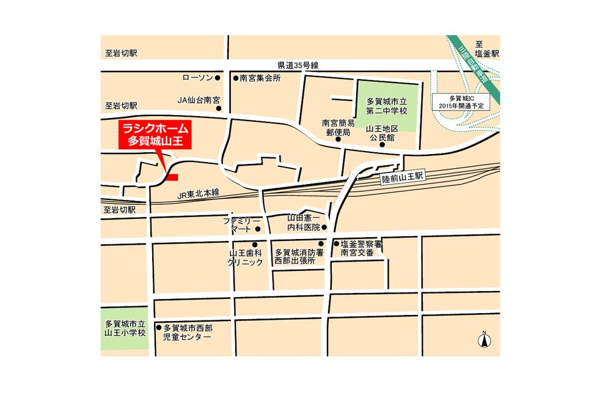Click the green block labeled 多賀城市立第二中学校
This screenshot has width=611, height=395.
[x=386, y=106]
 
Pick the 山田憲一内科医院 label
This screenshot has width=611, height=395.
[x=304, y=223]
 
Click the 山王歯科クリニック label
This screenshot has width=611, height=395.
[x=245, y=257]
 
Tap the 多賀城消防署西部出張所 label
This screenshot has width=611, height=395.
[x=295, y=256]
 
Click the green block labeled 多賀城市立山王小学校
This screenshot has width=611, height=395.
[x=125, y=328]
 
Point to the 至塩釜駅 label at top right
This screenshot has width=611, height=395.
[x=488, y=49]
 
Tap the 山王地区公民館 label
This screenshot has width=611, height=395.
[x=382, y=133]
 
